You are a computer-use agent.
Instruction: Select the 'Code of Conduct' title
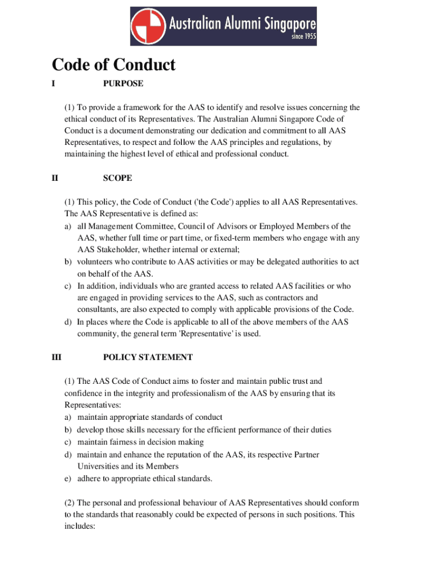113,65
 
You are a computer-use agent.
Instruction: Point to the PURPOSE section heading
123,83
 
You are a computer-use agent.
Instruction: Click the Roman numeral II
55,178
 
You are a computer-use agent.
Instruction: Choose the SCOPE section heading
117,178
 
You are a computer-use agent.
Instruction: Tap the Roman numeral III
56,357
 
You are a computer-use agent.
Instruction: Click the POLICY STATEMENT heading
148,357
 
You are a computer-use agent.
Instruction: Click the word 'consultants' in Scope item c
97,310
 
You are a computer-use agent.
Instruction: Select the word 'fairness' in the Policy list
125,442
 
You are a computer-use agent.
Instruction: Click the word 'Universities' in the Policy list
100,466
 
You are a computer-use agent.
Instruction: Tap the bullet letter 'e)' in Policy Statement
67,478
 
